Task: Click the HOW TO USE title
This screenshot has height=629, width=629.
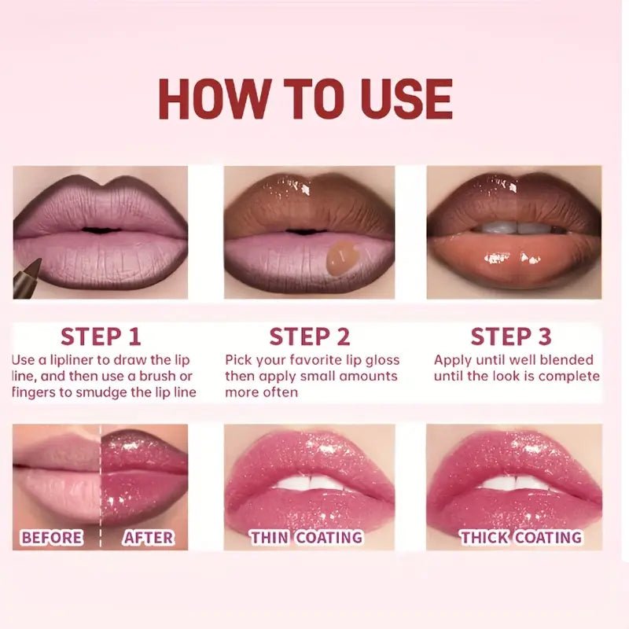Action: point(306,100)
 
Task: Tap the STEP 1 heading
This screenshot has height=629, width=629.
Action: point(101,337)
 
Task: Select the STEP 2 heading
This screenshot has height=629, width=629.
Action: point(309,337)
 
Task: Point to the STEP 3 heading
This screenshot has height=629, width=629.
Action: point(511,337)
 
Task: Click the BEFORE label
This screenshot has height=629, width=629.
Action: point(52,538)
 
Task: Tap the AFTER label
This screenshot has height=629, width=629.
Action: point(149,538)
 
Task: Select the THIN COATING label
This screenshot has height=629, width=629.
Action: point(307,538)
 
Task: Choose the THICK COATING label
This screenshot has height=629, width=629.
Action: point(520,538)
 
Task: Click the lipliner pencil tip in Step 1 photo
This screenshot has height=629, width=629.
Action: point(39,262)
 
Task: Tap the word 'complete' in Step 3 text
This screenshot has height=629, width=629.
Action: point(571,376)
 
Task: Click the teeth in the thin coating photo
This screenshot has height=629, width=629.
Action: point(309,481)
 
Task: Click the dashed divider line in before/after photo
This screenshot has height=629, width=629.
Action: point(101,487)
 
